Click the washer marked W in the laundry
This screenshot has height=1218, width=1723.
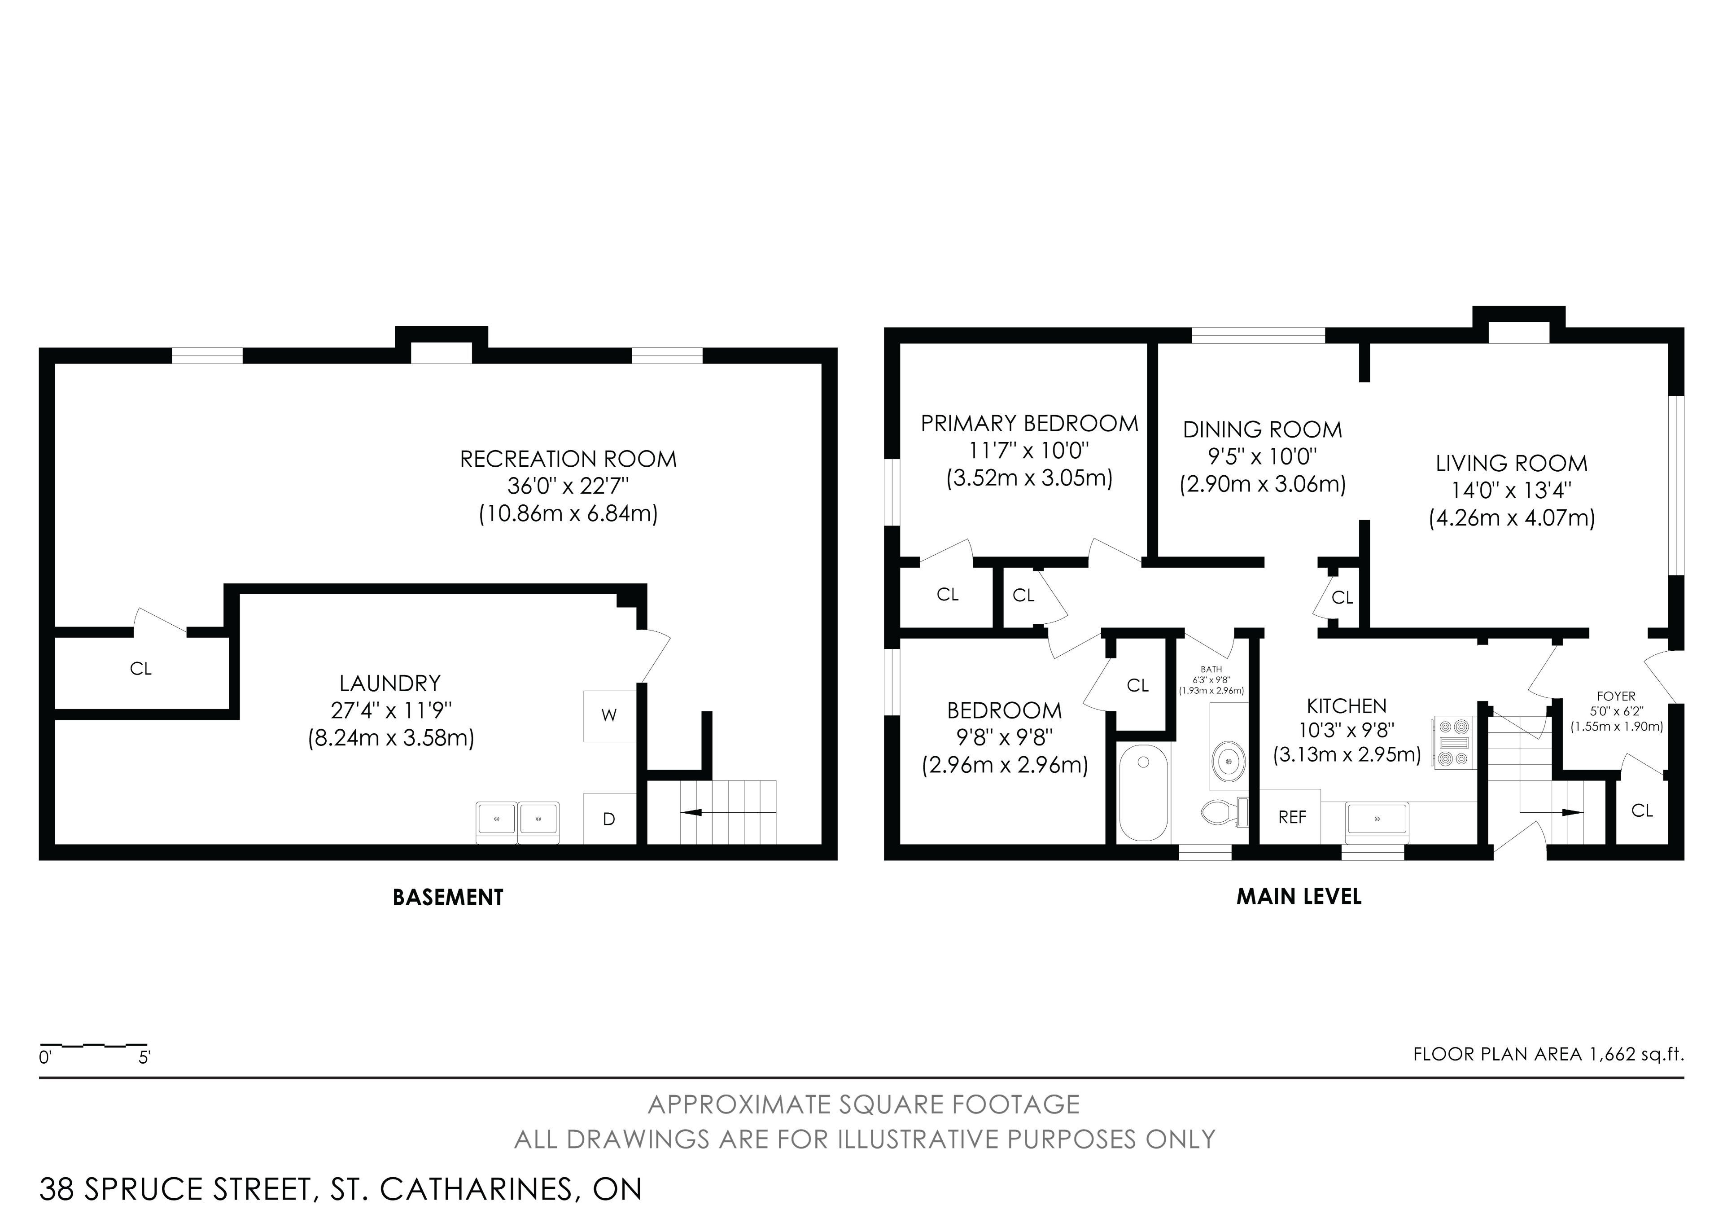coord(609,716)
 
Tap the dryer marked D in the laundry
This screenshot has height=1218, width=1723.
coord(609,819)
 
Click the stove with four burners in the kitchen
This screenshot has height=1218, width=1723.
coord(1454,743)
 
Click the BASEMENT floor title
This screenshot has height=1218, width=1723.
coord(448,898)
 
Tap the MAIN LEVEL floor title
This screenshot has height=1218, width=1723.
coord(1299,897)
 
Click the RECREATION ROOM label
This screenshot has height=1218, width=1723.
coord(568,459)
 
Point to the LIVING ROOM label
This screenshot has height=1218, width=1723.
coord(1511,464)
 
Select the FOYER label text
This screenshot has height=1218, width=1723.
coord(1616,697)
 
